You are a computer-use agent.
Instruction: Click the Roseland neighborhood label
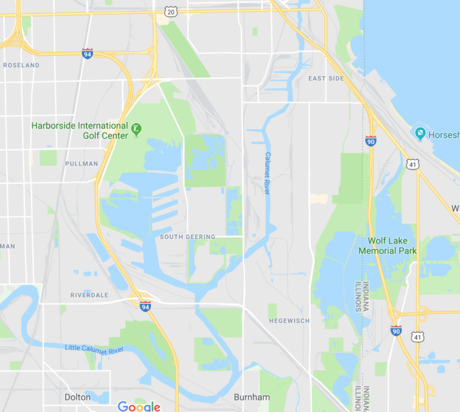tap(21, 65)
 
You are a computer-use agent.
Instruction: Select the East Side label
tap(326, 78)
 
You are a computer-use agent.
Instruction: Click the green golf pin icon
tap(137, 129)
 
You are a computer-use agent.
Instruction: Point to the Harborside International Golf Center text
tap(80, 131)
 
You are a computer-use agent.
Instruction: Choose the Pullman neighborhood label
tap(81, 163)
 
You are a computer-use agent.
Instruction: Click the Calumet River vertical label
tap(268, 173)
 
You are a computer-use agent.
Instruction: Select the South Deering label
tap(187, 237)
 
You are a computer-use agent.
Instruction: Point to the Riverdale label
tap(89, 295)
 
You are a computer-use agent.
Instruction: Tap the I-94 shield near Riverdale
tap(145, 306)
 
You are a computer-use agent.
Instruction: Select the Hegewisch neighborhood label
tap(289, 320)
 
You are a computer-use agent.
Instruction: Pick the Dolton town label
tap(77, 397)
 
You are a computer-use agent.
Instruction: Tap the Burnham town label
tap(252, 397)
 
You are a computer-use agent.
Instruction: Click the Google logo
tap(139, 407)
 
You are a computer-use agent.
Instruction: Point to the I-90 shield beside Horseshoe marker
tap(370, 140)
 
